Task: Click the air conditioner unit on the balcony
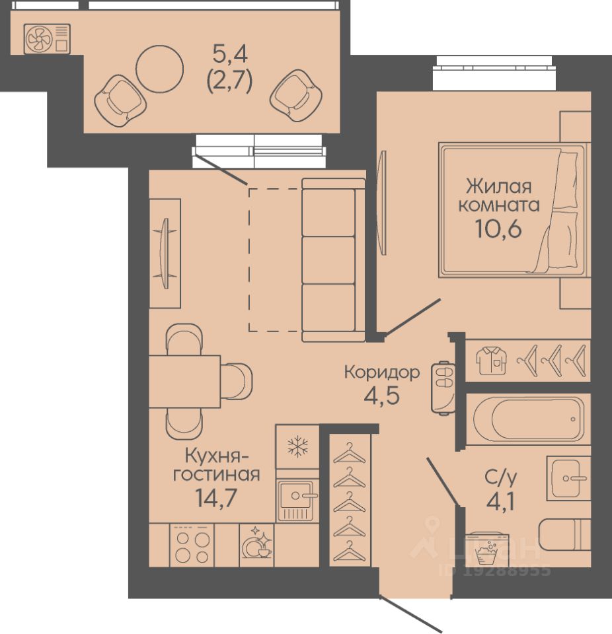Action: pos(47,39)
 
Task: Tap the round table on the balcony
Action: pos(159,69)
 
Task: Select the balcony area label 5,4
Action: pos(230,53)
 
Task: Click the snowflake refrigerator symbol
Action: pos(297,447)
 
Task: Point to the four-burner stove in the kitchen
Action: pos(192,546)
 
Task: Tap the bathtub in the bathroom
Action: pos(529,419)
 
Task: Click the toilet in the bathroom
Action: pos(564,534)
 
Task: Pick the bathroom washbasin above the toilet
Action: pos(568,478)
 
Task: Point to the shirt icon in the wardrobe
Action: pos(491,361)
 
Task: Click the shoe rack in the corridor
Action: pos(443,388)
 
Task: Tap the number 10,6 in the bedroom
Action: pos(498,230)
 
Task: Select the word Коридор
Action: pos(382,372)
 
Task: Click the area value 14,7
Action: pos(215,497)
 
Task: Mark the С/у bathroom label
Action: pos(501,479)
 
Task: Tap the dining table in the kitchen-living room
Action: pos(184,381)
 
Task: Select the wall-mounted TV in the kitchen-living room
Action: pos(165,254)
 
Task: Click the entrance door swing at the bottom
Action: pos(410,614)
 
